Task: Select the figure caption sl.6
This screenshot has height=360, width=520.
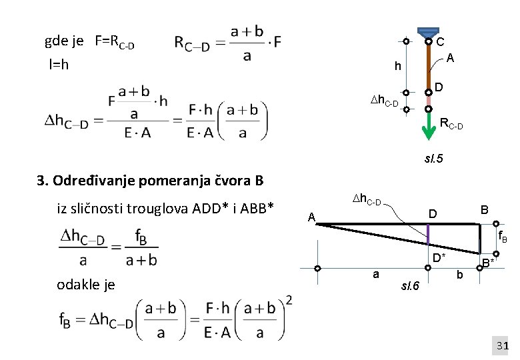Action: (x=409, y=287)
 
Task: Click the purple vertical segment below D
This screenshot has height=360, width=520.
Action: (x=428, y=234)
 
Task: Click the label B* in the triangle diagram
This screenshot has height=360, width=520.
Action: (x=489, y=263)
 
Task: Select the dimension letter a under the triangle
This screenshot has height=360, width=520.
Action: (x=376, y=274)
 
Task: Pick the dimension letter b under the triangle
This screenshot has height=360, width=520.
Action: (x=459, y=274)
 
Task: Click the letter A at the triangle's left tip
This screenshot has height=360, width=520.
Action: (x=311, y=217)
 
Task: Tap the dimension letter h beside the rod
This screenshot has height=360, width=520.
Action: (x=397, y=66)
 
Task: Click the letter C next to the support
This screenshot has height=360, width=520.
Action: (x=440, y=41)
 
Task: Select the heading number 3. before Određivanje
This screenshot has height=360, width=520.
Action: (x=43, y=181)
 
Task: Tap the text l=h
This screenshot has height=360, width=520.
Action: (x=59, y=65)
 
